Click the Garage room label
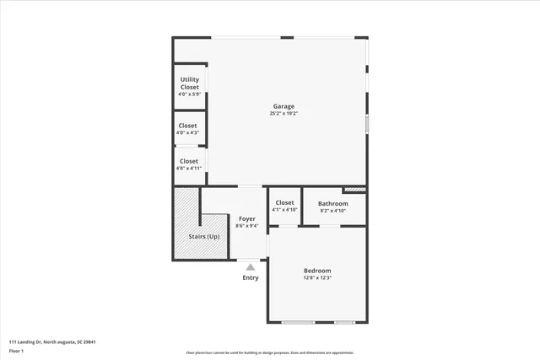tap(283, 106)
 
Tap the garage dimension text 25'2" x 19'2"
tap(283, 114)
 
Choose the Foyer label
tap(246, 218)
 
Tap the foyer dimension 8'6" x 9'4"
tap(246, 226)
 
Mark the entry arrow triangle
tap(251, 267)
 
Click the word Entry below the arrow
tap(251, 277)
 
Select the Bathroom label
tap(333, 203)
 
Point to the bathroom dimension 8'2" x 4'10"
tap(333, 211)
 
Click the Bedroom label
tap(317, 271)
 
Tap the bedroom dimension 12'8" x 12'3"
tap(317, 278)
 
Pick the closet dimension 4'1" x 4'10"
tap(285, 210)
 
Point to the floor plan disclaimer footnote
tap(269, 353)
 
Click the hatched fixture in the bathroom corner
tap(355, 191)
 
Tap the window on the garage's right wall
tap(366, 124)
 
